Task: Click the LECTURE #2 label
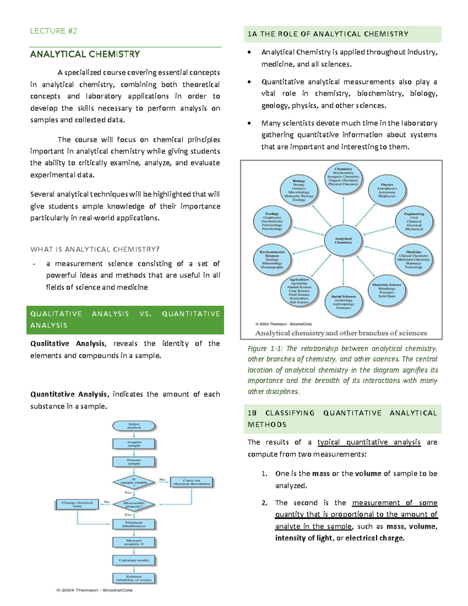pyautogui.click(x=53, y=31)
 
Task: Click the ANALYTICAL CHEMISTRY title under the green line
pyautogui.click(x=85, y=54)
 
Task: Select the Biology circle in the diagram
pyautogui.click(x=299, y=190)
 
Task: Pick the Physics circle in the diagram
pyautogui.click(x=387, y=190)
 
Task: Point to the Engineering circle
pyautogui.click(x=414, y=221)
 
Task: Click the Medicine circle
pyautogui.click(x=413, y=259)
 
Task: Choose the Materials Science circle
pyautogui.click(x=386, y=290)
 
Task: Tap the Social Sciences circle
pyautogui.click(x=343, y=302)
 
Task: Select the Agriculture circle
pyautogui.click(x=299, y=291)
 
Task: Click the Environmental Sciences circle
pyautogui.click(x=272, y=259)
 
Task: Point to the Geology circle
pyautogui.click(x=272, y=221)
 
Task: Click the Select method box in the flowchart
pyautogui.click(x=134, y=426)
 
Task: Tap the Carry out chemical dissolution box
pyautogui.click(x=191, y=482)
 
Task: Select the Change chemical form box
pyautogui.click(x=77, y=504)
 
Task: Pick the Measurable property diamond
pyautogui.click(x=134, y=505)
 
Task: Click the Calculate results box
pyautogui.click(x=134, y=560)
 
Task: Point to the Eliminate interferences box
pyautogui.click(x=134, y=524)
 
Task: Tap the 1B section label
pyautogui.click(x=252, y=413)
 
